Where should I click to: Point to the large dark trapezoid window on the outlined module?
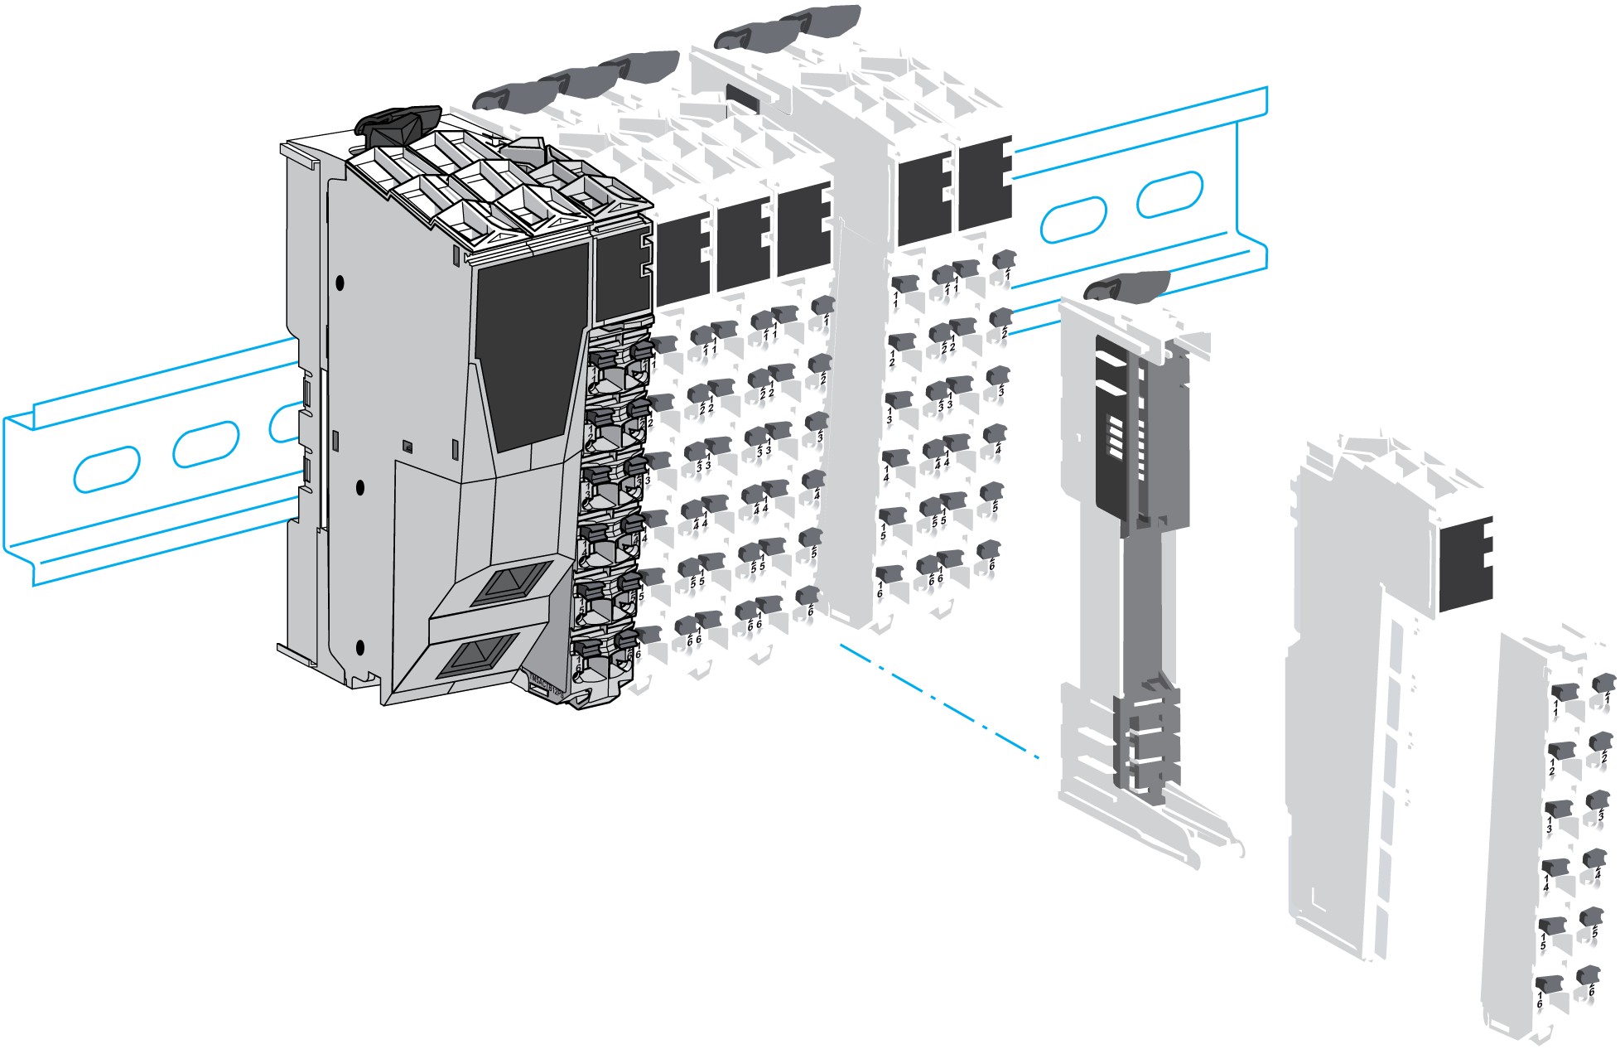(x=530, y=348)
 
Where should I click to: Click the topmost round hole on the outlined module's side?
(x=340, y=283)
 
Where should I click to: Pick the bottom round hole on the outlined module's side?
(x=359, y=647)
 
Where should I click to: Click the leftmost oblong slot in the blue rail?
(x=107, y=469)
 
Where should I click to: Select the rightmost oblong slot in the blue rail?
(x=1169, y=194)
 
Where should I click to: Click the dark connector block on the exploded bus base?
(x=1465, y=564)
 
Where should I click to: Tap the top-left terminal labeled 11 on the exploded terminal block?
(x=1563, y=693)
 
